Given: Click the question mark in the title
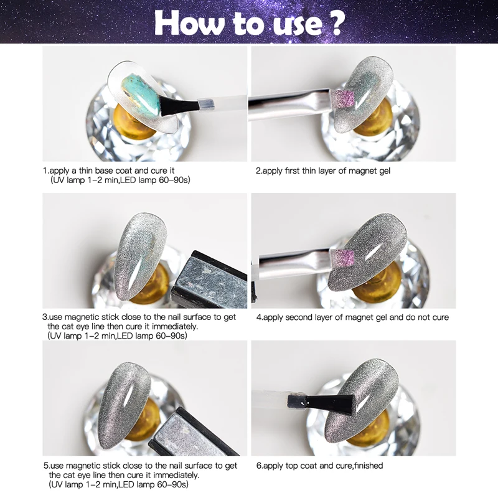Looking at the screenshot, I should pos(336,23).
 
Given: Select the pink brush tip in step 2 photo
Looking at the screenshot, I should pos(344,97).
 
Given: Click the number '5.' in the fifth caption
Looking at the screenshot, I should pos(45,465).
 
